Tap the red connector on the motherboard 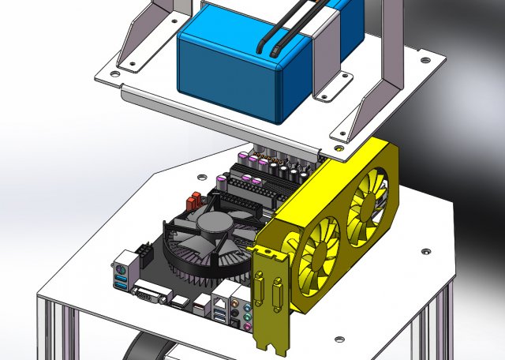191,204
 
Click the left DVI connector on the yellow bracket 261,284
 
